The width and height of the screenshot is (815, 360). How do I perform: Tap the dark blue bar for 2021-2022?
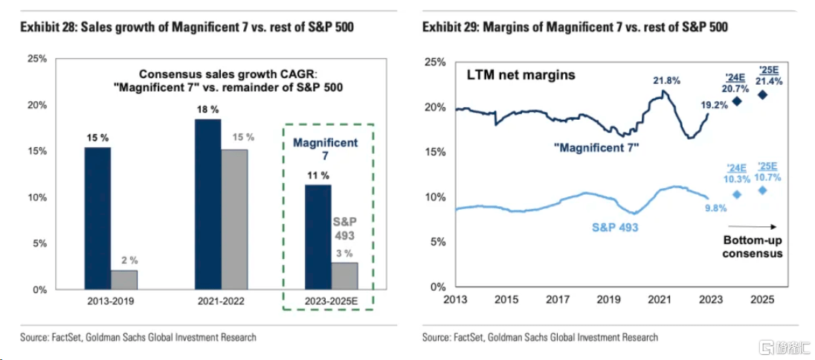click(x=207, y=204)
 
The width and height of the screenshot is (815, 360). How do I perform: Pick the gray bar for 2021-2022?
click(x=235, y=219)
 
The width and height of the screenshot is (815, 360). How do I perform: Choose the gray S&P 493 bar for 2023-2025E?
click(x=345, y=275)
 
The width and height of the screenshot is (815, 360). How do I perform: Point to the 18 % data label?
click(x=208, y=109)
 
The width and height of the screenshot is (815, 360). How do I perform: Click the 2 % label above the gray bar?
click(x=124, y=260)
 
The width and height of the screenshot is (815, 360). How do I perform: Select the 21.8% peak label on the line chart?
click(x=667, y=80)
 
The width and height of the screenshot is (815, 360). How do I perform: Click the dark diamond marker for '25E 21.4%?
click(x=762, y=94)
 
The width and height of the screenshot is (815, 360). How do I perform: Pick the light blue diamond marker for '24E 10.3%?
click(x=737, y=194)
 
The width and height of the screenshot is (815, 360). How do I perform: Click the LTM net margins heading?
click(x=521, y=74)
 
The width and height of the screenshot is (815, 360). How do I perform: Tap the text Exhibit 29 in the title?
click(x=449, y=28)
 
